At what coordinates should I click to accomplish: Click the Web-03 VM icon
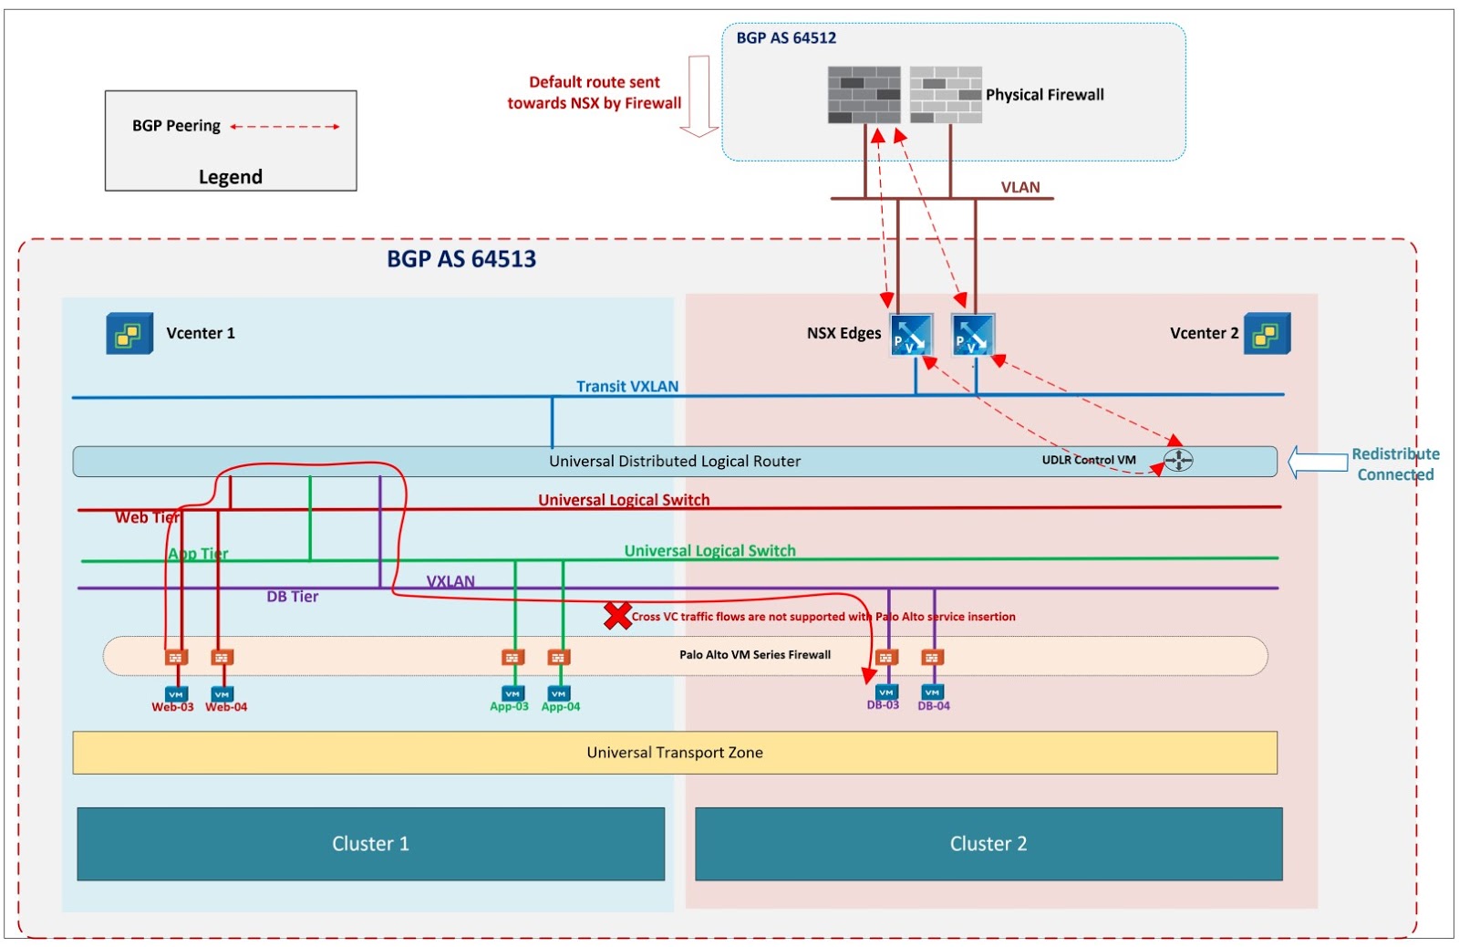[x=175, y=694]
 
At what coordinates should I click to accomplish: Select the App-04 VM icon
[x=559, y=694]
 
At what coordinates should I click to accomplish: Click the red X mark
[x=617, y=616]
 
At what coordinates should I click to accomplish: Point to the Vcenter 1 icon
[x=129, y=334]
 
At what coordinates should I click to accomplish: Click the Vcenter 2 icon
[x=1267, y=334]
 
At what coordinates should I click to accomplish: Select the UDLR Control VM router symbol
[x=1178, y=461]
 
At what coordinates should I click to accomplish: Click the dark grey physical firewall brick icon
[x=864, y=95]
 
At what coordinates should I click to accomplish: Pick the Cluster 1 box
[x=370, y=844]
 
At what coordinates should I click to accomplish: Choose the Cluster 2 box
[x=988, y=844]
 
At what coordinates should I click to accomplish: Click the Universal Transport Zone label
[x=675, y=753]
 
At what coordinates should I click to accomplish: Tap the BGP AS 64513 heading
[x=461, y=259]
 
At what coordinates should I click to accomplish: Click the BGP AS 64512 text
[x=786, y=38]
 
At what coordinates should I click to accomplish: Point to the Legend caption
[x=231, y=177]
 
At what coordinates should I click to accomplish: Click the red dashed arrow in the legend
[x=285, y=127]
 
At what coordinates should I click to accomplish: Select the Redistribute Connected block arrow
[x=1318, y=463]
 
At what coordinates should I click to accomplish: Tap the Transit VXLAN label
[x=627, y=387]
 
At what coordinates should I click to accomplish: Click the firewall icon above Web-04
[x=222, y=657]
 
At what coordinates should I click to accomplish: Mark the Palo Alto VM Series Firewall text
[x=755, y=655]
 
